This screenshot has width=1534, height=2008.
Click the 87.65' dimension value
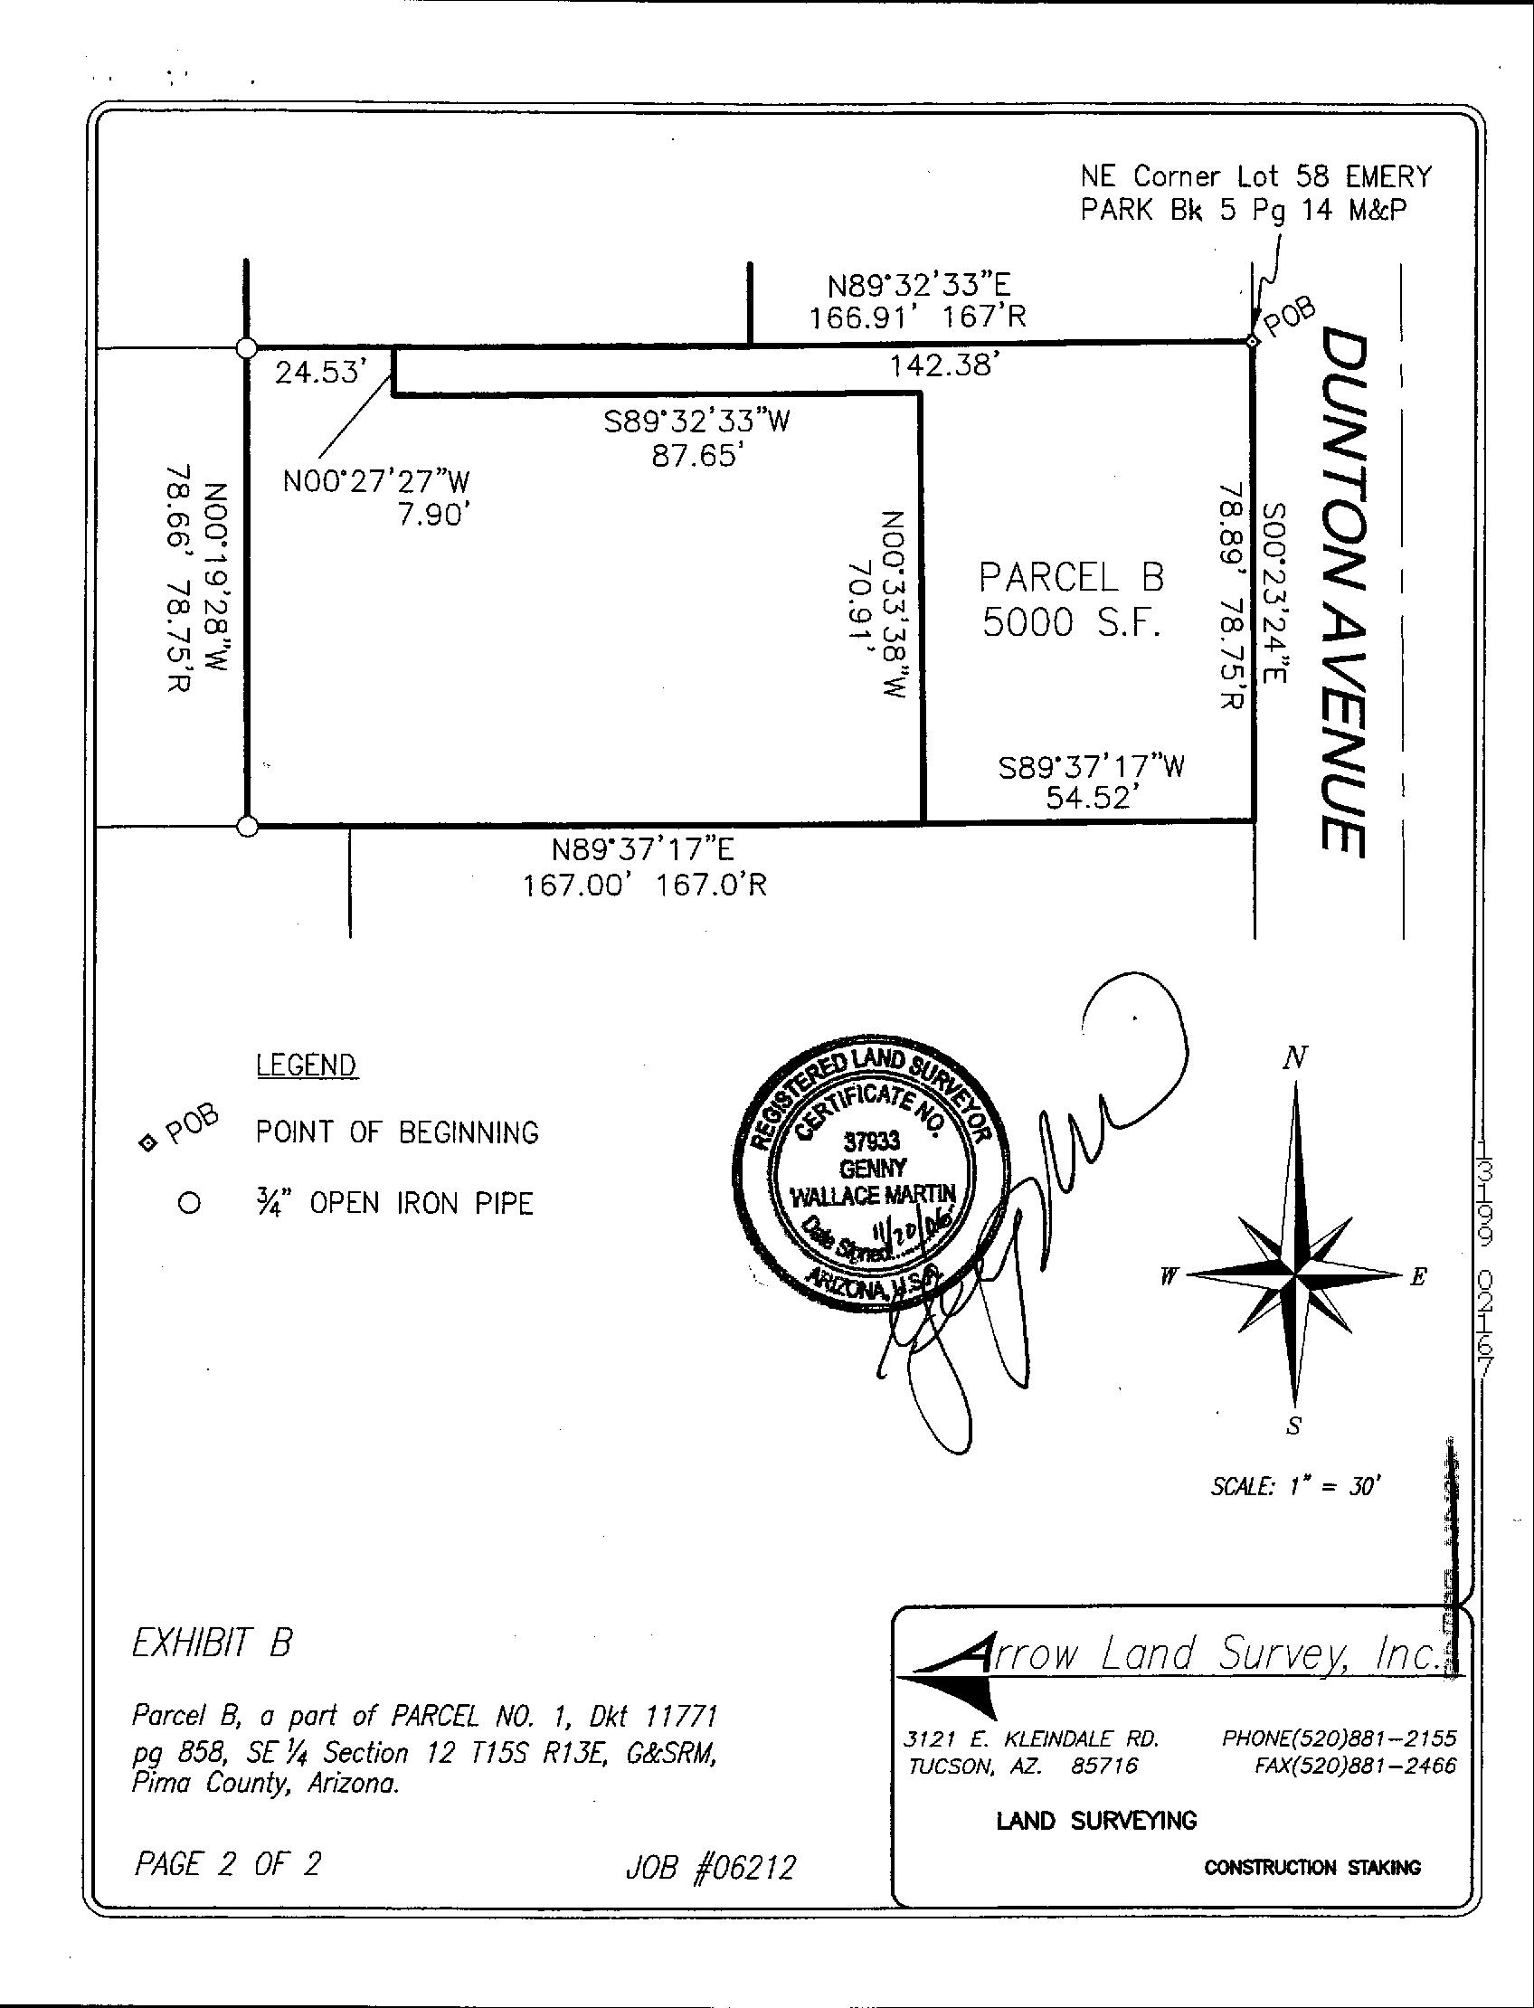(x=694, y=456)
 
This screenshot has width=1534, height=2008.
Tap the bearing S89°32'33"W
(x=696, y=421)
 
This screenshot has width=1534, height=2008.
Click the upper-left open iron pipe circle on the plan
(x=246, y=348)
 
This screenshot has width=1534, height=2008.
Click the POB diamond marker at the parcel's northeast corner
(x=1252, y=342)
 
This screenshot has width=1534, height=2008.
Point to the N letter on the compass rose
(x=1293, y=1058)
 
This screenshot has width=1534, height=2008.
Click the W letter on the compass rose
(x=1167, y=1278)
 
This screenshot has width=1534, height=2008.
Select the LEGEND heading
(x=306, y=1066)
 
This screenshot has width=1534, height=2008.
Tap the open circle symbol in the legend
(x=189, y=1204)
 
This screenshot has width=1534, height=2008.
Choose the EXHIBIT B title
(x=212, y=1644)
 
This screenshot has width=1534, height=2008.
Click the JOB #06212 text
(x=709, y=1868)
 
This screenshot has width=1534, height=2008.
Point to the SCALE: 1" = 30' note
(x=1293, y=1487)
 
